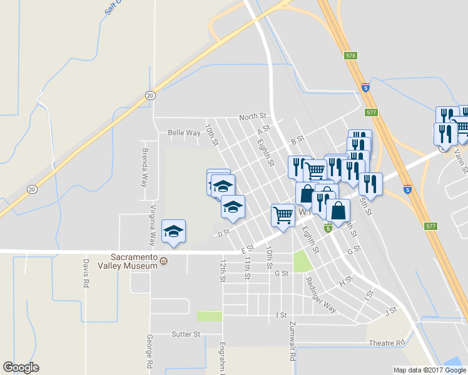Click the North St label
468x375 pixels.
pyautogui.click(x=253, y=116)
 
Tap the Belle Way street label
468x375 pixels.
pyautogui.click(x=184, y=132)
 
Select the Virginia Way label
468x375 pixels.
pyautogui.click(x=153, y=225)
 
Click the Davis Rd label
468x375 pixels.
pyautogui.click(x=86, y=273)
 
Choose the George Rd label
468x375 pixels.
pyautogui.click(x=150, y=351)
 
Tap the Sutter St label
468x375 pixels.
pyautogui.click(x=185, y=334)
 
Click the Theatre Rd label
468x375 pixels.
pyautogui.click(x=387, y=343)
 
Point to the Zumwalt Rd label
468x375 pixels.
pyautogui.click(x=292, y=343)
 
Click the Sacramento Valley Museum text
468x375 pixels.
pyautogui.click(x=133, y=261)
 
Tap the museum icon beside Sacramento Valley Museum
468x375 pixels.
pyautogui.click(x=164, y=261)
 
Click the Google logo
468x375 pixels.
pyautogui.click(x=21, y=367)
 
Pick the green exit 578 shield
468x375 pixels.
pyautogui.click(x=350, y=56)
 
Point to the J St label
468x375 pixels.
pyautogui.click(x=392, y=309)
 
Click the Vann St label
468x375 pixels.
pyautogui.click(x=461, y=159)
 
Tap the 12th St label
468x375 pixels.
pyautogui.click(x=222, y=271)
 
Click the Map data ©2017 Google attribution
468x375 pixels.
pyautogui.click(x=430, y=370)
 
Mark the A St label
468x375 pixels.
pyautogui.click(x=263, y=129)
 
